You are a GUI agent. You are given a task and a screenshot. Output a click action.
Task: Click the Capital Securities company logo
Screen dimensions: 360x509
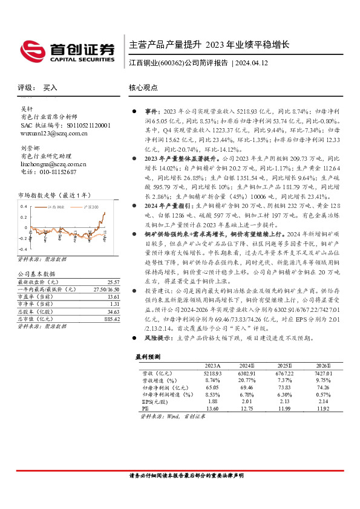click(x=67, y=51)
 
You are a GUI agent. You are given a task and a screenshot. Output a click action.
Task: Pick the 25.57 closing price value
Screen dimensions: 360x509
click(x=113, y=282)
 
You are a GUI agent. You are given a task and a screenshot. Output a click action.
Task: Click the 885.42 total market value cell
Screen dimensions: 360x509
click(x=111, y=319)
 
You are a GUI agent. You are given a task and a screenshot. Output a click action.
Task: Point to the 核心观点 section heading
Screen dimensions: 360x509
click(x=143, y=87)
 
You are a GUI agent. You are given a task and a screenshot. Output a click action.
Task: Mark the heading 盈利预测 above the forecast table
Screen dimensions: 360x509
click(x=148, y=357)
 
